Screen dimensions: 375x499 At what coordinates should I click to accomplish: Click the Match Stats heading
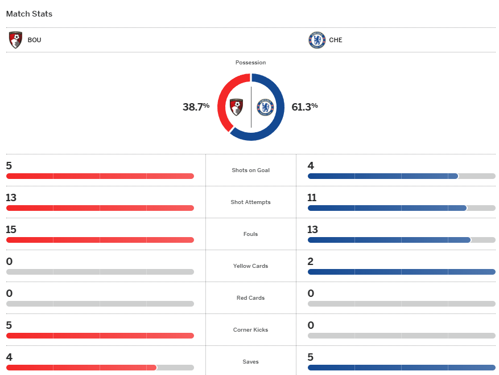[29, 14]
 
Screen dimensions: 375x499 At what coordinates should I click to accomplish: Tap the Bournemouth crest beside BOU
[16, 40]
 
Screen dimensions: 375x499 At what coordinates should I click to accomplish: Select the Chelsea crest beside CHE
[317, 40]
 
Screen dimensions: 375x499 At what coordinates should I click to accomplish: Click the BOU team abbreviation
[34, 40]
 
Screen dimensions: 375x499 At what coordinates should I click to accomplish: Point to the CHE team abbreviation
[336, 40]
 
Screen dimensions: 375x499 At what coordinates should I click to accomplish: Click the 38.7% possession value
[196, 107]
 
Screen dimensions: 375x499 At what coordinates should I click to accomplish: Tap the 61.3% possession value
[304, 106]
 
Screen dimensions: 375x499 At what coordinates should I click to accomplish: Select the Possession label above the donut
[250, 63]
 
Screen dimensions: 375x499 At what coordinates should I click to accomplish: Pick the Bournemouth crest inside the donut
[236, 107]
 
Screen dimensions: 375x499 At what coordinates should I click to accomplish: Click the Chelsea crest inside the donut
[265, 107]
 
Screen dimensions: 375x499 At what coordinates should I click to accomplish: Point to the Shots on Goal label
[250, 170]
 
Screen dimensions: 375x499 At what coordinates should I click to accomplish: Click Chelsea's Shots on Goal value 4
[311, 166]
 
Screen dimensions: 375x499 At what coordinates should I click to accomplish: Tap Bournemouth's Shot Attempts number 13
[11, 198]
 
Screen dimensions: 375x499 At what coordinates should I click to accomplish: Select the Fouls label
[250, 234]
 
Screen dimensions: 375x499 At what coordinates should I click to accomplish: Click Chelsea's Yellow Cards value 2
[311, 262]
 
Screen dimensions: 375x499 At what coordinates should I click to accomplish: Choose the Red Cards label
[250, 298]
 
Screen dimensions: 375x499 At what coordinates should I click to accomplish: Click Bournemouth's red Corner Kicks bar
[100, 336]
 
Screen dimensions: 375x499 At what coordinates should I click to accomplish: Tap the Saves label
[250, 362]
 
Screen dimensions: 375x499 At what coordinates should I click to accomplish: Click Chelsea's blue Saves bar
[401, 368]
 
